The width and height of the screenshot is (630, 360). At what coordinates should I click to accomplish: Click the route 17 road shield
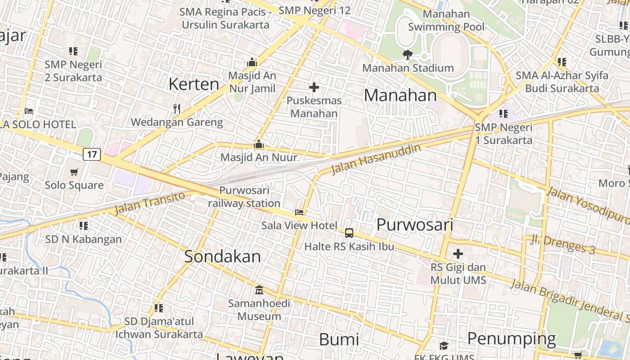click(x=92, y=154)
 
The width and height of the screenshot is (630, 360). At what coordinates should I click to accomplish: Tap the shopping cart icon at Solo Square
click(x=74, y=172)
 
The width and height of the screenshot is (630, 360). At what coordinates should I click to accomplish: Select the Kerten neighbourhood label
click(x=194, y=84)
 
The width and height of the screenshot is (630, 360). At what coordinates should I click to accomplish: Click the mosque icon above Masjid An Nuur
click(x=259, y=144)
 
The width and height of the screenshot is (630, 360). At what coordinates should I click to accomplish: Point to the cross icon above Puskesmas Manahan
click(x=314, y=87)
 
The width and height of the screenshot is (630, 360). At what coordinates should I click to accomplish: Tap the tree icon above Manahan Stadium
click(x=408, y=55)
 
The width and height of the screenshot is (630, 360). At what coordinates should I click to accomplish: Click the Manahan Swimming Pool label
click(x=446, y=21)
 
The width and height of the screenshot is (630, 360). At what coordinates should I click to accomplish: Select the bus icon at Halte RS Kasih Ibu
click(x=349, y=233)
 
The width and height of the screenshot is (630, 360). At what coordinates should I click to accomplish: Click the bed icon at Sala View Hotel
click(x=299, y=212)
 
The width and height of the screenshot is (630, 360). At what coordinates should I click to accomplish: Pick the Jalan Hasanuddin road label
click(x=376, y=159)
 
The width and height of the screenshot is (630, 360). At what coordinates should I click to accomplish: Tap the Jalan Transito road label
click(x=149, y=202)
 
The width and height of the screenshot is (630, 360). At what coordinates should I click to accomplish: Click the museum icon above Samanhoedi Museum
click(x=259, y=290)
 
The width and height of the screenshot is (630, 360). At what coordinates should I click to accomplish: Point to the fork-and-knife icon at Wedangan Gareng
click(x=177, y=108)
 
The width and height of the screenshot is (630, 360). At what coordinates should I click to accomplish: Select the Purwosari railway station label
click(x=244, y=197)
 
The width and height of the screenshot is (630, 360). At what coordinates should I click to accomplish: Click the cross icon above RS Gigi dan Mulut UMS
click(x=458, y=254)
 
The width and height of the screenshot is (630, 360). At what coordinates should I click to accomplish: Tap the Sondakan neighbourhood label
click(x=222, y=256)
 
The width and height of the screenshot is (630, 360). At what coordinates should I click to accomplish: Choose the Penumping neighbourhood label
click(x=511, y=338)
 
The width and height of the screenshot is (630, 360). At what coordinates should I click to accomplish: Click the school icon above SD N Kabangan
click(x=83, y=225)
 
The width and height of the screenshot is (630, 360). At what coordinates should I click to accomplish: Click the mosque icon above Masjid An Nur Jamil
click(x=252, y=62)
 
